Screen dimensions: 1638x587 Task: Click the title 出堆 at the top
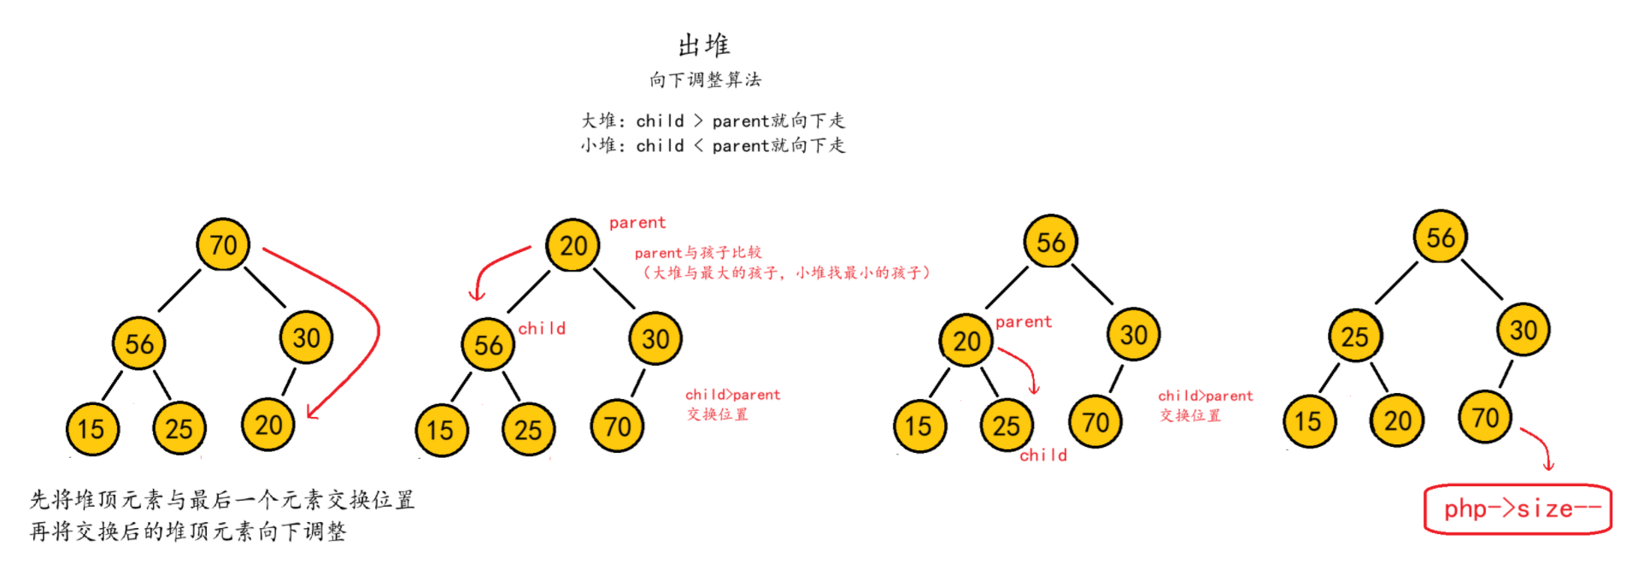pyautogui.click(x=703, y=44)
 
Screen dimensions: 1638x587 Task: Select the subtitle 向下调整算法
pyautogui.click(x=704, y=80)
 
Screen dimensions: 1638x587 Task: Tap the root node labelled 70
pyautogui.click(x=223, y=245)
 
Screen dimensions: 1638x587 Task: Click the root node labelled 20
pyautogui.click(x=572, y=246)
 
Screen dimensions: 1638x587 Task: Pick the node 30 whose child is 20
pyautogui.click(x=306, y=338)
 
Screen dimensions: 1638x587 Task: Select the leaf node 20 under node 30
pyautogui.click(x=268, y=426)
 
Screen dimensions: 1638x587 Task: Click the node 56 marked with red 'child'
pyautogui.click(x=488, y=345)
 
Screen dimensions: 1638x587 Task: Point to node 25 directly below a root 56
pyautogui.click(x=1354, y=337)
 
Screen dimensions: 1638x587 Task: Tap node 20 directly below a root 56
pyautogui.click(x=966, y=342)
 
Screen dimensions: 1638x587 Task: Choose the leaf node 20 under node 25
pyautogui.click(x=1397, y=421)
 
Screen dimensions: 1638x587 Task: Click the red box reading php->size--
pyautogui.click(x=1518, y=509)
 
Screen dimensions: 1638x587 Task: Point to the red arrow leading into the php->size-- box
pyautogui.click(x=1540, y=448)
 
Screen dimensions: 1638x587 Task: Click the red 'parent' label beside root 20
pyautogui.click(x=637, y=223)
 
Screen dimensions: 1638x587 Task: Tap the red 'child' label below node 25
pyautogui.click(x=1043, y=455)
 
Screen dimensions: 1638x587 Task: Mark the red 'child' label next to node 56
pyautogui.click(x=542, y=329)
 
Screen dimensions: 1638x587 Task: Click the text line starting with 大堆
pyautogui.click(x=713, y=121)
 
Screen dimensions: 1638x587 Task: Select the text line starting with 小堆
pyautogui.click(x=713, y=146)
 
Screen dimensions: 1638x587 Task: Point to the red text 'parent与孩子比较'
pyautogui.click(x=697, y=253)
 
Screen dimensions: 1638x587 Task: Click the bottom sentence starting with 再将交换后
pyautogui.click(x=188, y=532)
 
